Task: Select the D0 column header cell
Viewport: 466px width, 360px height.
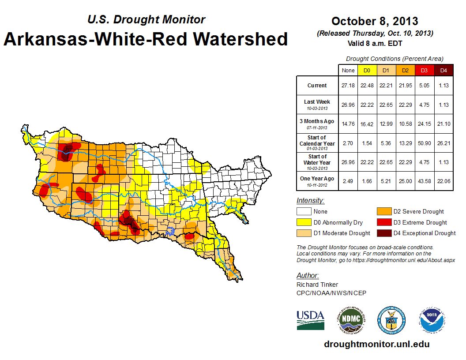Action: [x=367, y=70]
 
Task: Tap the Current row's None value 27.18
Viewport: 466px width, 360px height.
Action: [x=348, y=85]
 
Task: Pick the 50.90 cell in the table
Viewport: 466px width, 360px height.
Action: [x=424, y=143]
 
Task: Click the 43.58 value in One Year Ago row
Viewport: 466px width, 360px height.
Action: [x=424, y=181]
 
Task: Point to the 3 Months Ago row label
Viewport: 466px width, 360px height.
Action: [x=317, y=124]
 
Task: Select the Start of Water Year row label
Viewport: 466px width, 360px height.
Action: [x=317, y=162]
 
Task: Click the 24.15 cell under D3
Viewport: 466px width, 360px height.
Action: [x=424, y=124]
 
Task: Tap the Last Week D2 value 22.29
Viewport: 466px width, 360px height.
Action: [x=405, y=105]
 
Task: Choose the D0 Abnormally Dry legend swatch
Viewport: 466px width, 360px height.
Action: [x=304, y=222]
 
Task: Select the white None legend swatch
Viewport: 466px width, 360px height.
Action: [x=304, y=211]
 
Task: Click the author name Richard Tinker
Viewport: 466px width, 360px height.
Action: [x=318, y=285]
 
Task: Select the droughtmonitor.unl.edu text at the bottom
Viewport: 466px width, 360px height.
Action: [x=376, y=344]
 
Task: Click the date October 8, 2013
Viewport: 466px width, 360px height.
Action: [x=375, y=21]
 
